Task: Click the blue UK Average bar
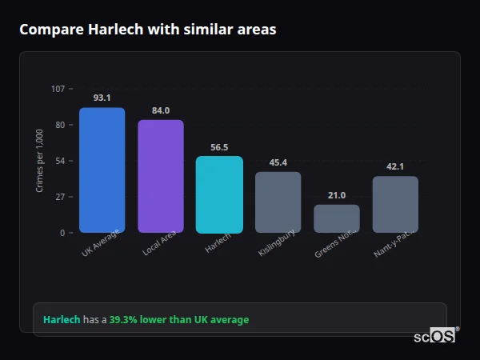pos(102,170)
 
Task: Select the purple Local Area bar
pos(161,176)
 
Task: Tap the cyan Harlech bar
pos(219,194)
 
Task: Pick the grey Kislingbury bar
pos(278,202)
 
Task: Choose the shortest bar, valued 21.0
pos(337,218)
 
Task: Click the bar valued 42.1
pos(395,205)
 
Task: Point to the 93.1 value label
pos(102,98)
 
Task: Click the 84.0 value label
pos(161,110)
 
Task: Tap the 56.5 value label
pos(219,147)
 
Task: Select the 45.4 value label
pos(278,162)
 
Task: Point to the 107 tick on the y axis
pos(58,89)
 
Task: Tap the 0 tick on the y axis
pos(62,233)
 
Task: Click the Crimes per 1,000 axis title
pos(40,161)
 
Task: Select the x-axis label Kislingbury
pos(278,243)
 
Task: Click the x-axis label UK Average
pos(101,244)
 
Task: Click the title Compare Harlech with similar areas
pos(147,30)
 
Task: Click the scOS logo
pos(434,336)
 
